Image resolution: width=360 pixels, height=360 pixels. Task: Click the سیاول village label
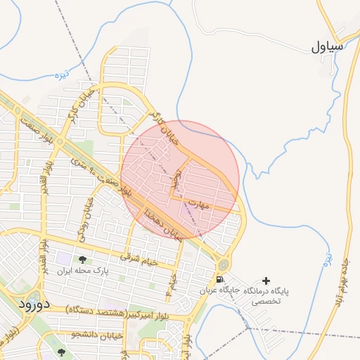(x=328, y=48)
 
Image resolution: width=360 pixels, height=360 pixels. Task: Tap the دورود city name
(x=32, y=304)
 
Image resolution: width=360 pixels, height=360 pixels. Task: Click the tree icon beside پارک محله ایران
(x=83, y=260)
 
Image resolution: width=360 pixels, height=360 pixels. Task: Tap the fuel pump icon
(x=220, y=280)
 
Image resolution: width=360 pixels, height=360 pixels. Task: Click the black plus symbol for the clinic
(x=265, y=281)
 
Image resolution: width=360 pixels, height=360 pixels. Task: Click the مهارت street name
(x=201, y=205)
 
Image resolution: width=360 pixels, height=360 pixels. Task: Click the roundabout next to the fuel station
(x=224, y=264)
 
